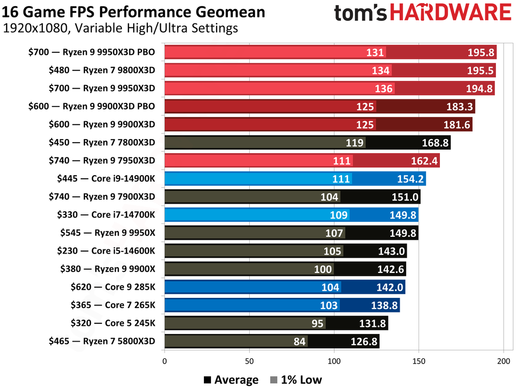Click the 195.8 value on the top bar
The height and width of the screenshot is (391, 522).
[480, 52]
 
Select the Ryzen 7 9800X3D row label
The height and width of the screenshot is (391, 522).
[102, 70]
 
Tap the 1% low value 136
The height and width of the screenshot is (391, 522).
[383, 89]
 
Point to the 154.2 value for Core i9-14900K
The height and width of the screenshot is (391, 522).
[410, 179]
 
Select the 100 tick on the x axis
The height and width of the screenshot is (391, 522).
[334, 361]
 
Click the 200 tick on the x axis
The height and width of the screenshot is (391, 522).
[504, 361]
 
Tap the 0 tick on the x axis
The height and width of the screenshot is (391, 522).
[164, 361]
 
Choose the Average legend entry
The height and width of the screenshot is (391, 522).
[230, 380]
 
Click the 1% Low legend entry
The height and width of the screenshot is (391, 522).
[296, 380]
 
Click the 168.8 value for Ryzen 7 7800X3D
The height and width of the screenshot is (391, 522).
[434, 143]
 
